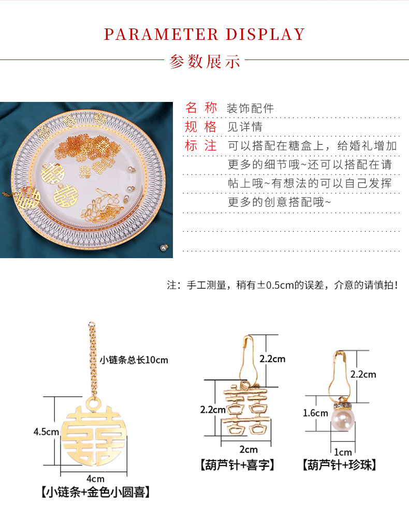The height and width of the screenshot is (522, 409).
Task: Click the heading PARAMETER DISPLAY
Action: pyautogui.click(x=204, y=34)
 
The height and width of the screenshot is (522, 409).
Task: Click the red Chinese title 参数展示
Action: pyautogui.click(x=204, y=61)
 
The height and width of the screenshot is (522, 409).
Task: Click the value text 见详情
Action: pyautogui.click(x=245, y=127)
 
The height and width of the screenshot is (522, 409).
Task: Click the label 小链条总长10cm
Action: pyautogui.click(x=134, y=360)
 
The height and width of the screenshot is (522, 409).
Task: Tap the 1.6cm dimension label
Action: pyautogui.click(x=315, y=413)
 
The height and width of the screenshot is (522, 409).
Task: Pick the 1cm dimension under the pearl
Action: pyautogui.click(x=343, y=452)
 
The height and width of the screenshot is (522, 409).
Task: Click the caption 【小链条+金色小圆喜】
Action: pyautogui.click(x=95, y=493)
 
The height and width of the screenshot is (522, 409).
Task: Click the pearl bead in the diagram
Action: pyautogui.click(x=343, y=419)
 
